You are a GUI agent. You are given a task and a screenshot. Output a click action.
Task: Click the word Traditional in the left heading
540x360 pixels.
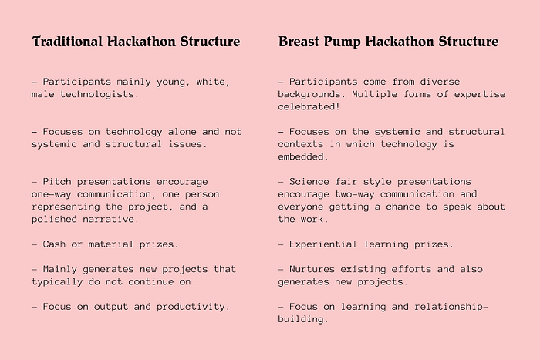tap(67, 42)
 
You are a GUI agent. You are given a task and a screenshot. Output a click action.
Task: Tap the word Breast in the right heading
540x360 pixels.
tap(299, 42)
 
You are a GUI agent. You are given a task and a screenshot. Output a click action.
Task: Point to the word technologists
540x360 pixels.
tap(100, 94)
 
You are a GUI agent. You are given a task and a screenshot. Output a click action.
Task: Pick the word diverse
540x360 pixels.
tap(440, 82)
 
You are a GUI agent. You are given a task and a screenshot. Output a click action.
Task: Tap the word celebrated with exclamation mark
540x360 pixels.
tap(309, 106)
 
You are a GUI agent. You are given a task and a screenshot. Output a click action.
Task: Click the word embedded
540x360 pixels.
tap(303, 157)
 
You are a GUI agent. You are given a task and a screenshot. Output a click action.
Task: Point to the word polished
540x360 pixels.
tap(54, 219)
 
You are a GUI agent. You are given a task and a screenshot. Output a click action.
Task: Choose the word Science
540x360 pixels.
tap(309, 182)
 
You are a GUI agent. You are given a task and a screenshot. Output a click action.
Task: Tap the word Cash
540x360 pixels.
tap(54, 244)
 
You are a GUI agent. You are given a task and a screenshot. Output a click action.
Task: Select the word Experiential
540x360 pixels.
tap(323, 244)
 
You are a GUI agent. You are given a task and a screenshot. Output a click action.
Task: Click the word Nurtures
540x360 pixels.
tap(312, 269)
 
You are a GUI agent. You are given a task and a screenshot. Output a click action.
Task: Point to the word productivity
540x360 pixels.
tap(193, 307)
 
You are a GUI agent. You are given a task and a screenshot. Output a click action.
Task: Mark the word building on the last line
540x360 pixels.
tap(303, 319)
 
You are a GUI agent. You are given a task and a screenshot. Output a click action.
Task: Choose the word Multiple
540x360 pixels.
tap(374, 94)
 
